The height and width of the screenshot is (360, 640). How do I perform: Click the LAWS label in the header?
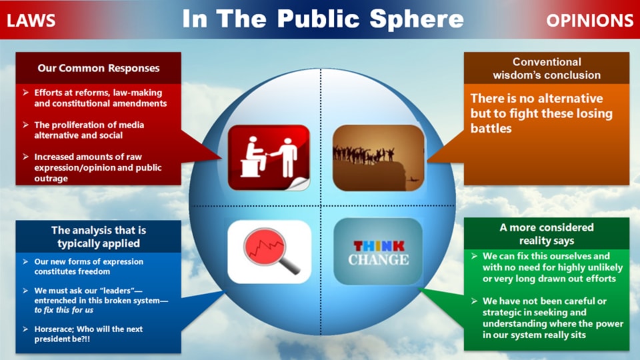[x=31, y=21]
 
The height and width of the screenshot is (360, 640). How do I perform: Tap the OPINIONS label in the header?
[x=589, y=21]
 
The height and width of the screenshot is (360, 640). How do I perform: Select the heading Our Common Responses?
[x=99, y=68]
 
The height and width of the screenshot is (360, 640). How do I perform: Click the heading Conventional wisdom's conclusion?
[x=547, y=68]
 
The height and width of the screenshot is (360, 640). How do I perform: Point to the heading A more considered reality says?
[x=546, y=233]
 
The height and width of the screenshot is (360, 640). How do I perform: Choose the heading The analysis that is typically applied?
[x=99, y=237]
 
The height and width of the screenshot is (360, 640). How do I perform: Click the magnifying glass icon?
[x=269, y=252]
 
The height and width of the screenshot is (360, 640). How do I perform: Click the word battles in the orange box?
[x=491, y=127]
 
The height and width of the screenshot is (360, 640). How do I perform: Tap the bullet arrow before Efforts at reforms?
[x=25, y=93]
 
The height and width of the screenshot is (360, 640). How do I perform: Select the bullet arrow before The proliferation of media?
[x=25, y=125]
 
